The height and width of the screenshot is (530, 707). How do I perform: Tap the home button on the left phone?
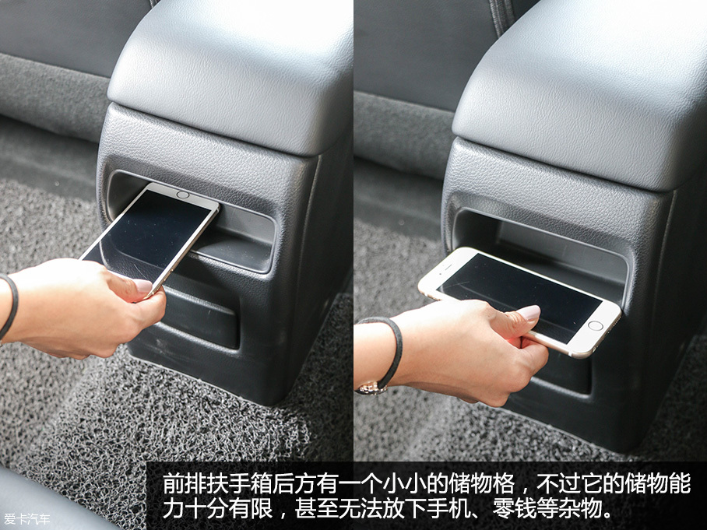183,195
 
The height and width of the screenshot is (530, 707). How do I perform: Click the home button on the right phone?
595,325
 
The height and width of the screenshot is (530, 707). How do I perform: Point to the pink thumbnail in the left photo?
143,286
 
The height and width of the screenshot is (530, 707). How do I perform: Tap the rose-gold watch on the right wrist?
372,388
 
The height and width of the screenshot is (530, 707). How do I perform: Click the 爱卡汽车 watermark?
26,519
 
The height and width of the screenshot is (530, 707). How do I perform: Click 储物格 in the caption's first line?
483,484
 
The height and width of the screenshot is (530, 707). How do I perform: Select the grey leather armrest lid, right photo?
582,90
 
